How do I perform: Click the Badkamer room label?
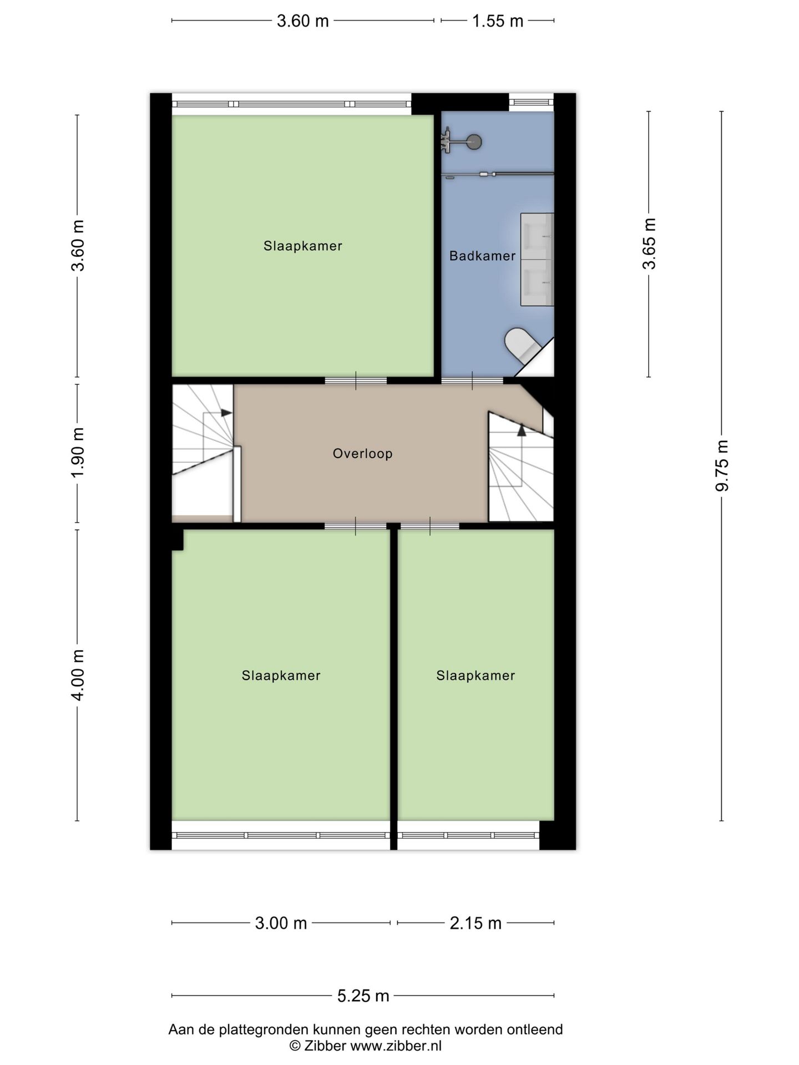(x=482, y=256)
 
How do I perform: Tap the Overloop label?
(x=363, y=454)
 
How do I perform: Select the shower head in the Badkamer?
(x=473, y=142)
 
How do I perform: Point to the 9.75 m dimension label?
(x=722, y=466)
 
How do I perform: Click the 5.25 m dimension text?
(x=363, y=996)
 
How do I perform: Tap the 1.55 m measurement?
(x=498, y=21)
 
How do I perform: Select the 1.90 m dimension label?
(x=78, y=453)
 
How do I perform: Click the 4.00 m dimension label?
(x=78, y=675)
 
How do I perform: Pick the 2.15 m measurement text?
(x=476, y=923)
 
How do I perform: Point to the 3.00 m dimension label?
(x=281, y=923)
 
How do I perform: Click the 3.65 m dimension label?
(x=649, y=244)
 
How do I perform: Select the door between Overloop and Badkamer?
(x=472, y=381)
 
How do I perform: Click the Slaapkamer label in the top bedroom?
(x=303, y=246)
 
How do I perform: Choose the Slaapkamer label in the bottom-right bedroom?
(x=476, y=675)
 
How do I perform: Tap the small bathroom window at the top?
(x=532, y=102)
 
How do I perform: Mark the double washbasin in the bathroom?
(x=537, y=260)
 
